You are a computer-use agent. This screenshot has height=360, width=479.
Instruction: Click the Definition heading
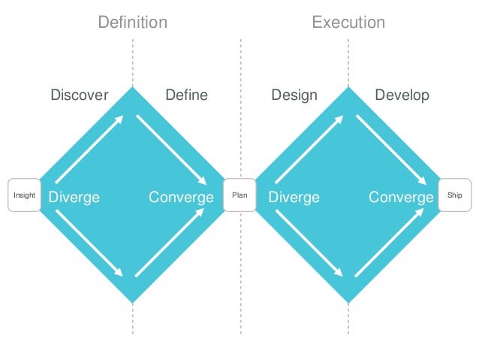tap(133, 23)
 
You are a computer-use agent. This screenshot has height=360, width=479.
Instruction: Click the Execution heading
tap(348, 23)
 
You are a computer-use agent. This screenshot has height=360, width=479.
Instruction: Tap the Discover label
tap(80, 95)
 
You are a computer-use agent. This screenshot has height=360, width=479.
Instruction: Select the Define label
tap(186, 95)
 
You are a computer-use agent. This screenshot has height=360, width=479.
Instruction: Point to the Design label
tap(294, 95)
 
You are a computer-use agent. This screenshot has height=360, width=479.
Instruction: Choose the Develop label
tap(402, 95)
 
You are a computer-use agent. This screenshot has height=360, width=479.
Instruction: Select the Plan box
tap(239, 195)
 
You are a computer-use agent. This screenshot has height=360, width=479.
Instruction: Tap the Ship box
tap(455, 195)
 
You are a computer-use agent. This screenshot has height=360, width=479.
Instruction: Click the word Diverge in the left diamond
tap(74, 197)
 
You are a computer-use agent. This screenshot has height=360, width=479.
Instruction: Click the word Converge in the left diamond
tap(181, 197)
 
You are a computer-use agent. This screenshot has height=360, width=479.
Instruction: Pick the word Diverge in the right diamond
tap(294, 197)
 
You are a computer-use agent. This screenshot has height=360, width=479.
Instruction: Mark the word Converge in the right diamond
tap(401, 197)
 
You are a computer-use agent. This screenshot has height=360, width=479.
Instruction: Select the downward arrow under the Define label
tap(172, 150)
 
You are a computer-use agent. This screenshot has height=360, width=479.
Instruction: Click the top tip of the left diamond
tap(133, 88)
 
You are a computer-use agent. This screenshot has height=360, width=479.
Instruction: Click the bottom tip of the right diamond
tap(348, 303)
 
